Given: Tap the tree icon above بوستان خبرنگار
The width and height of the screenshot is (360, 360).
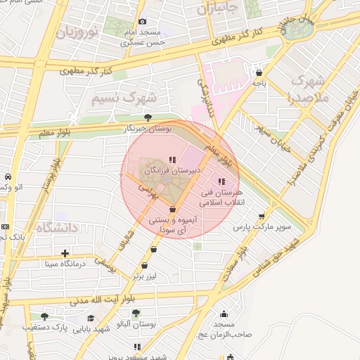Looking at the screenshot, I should coord(147,117).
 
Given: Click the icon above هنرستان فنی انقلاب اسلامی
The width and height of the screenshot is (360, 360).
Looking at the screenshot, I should coord(221,181).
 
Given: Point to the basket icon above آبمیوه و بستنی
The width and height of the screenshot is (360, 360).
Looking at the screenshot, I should coord(173,209).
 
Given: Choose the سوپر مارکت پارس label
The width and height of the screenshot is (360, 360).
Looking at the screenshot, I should coord(262,228).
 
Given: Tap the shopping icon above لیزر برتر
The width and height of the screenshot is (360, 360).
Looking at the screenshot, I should coord(144,266).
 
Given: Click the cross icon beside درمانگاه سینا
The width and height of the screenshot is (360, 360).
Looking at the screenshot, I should coord(65,253).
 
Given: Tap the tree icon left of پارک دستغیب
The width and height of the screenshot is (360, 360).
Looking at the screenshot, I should coord(45,316).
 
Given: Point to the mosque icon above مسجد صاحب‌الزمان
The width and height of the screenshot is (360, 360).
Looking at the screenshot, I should coord(224,314).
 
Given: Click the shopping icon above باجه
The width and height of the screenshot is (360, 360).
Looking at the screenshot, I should coord(259,72).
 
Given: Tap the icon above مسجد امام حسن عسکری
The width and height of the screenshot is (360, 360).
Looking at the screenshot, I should coord(143,22).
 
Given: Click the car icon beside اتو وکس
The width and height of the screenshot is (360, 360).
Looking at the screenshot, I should coord(7,176).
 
